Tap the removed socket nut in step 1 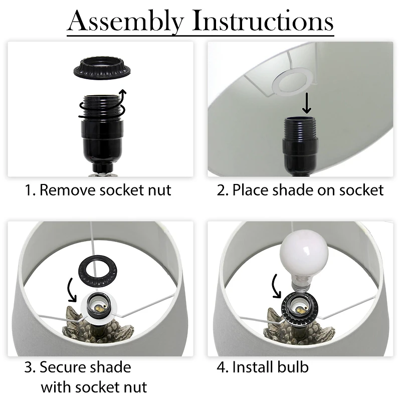coord(102,68)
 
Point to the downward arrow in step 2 coord(307,103)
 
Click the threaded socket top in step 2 coord(300,127)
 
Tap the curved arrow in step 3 coord(70,290)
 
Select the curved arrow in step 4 coord(276,286)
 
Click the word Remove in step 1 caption coord(67,190)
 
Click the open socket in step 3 coord(99,306)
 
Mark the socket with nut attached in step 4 coord(299,307)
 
